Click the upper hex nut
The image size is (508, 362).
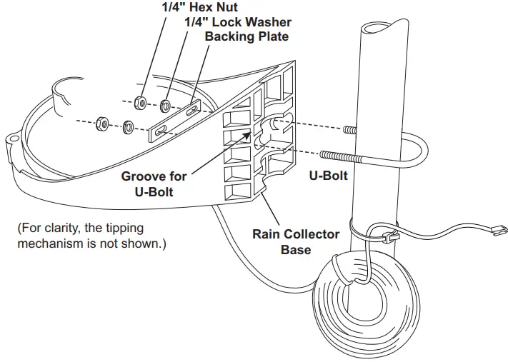[141, 103]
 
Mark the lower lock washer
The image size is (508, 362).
[129, 128]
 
